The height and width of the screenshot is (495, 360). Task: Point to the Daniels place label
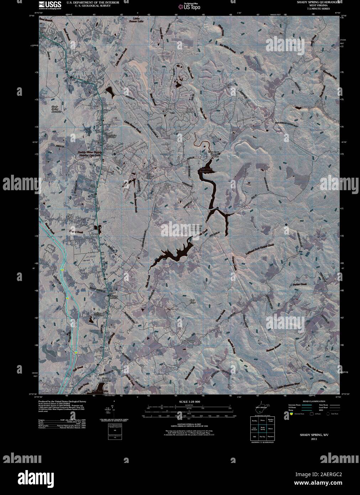[47, 35]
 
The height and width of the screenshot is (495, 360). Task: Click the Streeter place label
[302, 390]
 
